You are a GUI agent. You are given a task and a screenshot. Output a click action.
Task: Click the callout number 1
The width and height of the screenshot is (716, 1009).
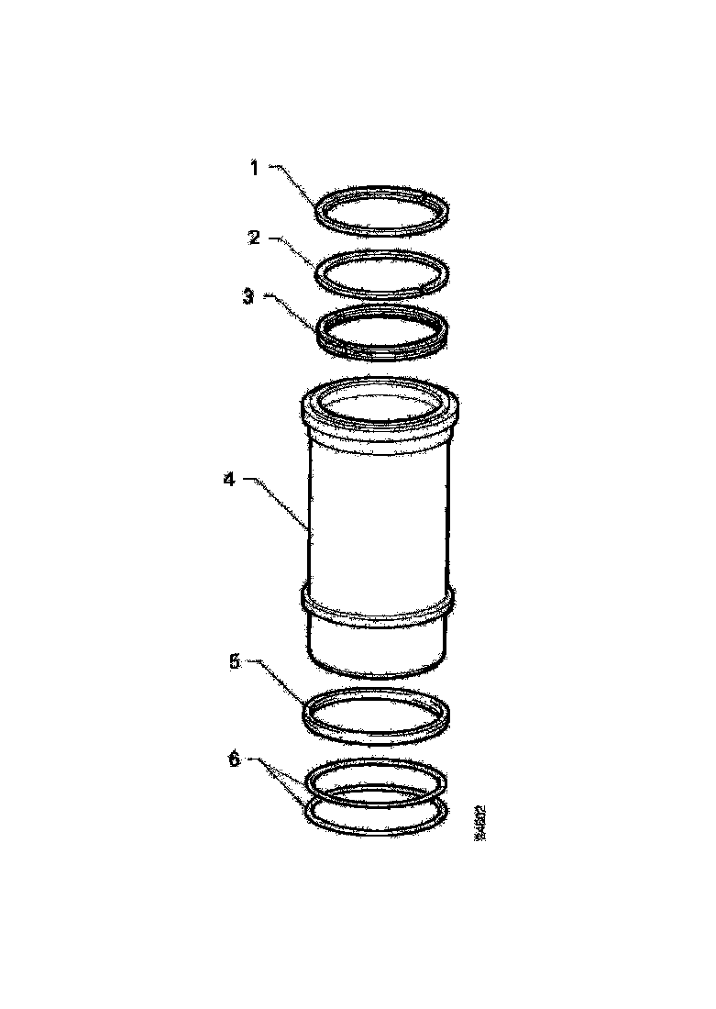coord(255,167)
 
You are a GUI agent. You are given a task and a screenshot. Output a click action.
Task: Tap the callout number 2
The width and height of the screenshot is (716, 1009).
coord(255,238)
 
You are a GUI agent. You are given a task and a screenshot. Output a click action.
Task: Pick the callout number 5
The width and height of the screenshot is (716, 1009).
coord(234,660)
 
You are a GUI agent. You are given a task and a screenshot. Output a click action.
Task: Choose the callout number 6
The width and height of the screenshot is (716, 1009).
coord(234,760)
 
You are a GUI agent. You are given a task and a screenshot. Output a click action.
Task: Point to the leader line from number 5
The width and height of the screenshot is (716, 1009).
coord(280,677)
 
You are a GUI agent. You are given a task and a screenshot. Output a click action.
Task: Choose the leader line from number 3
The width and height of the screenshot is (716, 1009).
coord(292,310)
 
